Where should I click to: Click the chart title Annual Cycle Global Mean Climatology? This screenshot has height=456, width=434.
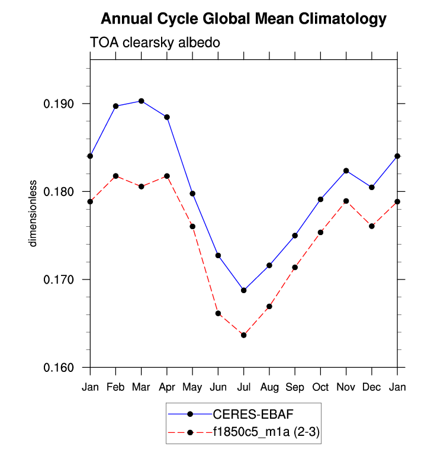coord(243,19)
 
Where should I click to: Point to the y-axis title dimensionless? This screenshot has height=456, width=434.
coord(34,213)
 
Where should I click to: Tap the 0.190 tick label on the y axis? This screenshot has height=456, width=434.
coord(64,104)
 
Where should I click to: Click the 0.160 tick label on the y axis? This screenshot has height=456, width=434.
coord(64,368)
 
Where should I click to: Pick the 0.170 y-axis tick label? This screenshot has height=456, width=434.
coord(64,280)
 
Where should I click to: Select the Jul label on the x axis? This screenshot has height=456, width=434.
coord(243,386)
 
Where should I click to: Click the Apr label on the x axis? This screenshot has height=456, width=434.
coord(167,386)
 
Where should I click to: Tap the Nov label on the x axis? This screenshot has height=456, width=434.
coord(346,386)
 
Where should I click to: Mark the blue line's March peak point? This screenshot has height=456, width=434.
coord(141,101)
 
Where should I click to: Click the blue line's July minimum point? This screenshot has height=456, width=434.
coord(243,290)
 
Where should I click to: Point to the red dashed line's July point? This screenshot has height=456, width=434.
coord(243,335)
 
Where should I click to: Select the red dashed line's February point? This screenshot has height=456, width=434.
coord(115,176)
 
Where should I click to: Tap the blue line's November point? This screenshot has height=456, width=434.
coord(346,171)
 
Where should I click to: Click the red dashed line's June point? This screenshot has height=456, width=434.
coord(218,313)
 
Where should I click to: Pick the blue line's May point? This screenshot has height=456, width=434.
coord(192,194)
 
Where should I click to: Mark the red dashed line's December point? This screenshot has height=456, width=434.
coord(372,226)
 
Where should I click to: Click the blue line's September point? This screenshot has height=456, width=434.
coord(295,236)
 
